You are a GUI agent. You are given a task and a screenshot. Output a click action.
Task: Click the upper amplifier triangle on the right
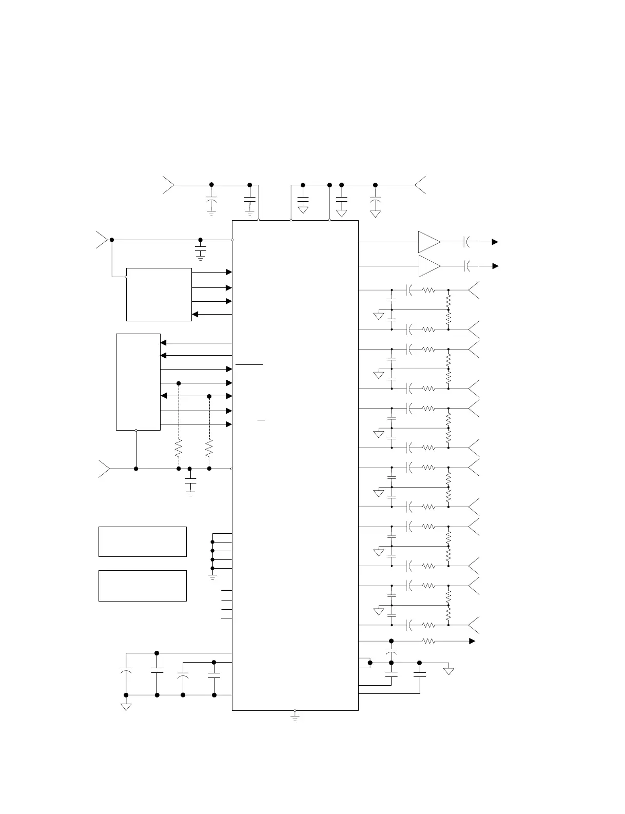[x=429, y=242]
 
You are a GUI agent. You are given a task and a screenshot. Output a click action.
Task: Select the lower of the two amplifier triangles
[x=429, y=266]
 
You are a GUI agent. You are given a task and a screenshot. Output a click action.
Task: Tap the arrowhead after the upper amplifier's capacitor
[x=495, y=242]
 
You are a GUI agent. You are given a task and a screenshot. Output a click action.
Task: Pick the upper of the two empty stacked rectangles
[x=142, y=541]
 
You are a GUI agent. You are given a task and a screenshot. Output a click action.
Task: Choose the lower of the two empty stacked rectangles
[x=142, y=586]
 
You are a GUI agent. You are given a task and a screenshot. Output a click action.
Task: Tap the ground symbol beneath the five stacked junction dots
[x=212, y=576]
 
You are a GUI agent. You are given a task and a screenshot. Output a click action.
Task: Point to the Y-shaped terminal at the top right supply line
[x=420, y=185]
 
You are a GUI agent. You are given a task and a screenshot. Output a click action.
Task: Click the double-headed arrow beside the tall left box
[x=197, y=396]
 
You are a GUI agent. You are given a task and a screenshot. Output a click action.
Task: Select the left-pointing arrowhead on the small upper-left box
[x=195, y=314]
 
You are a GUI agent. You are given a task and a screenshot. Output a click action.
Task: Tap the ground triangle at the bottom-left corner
[x=126, y=707]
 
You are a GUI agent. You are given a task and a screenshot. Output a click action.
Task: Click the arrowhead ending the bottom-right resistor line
[x=472, y=641]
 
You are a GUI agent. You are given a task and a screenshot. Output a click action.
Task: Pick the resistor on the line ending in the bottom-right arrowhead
[x=428, y=641]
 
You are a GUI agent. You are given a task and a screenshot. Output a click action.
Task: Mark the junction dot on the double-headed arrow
[x=209, y=396]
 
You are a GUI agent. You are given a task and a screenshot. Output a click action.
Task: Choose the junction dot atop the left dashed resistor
[x=179, y=383]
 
